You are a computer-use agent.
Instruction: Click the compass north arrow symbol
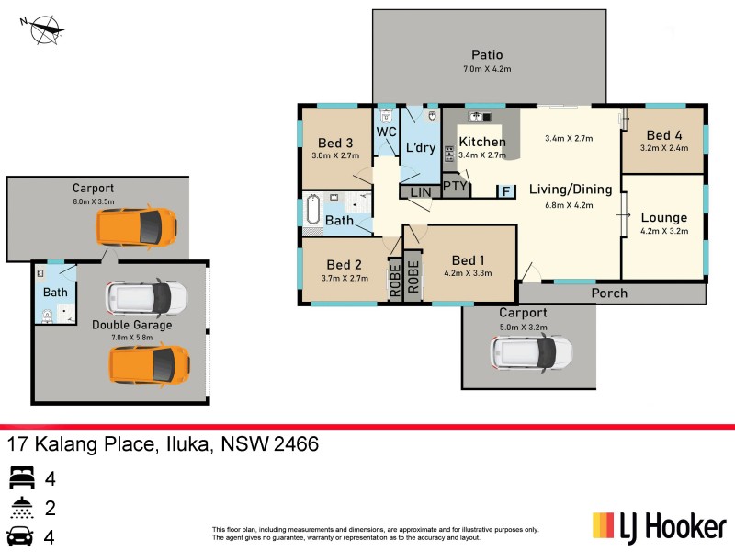45,29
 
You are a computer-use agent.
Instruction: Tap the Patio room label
487,55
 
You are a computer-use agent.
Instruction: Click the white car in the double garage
147,297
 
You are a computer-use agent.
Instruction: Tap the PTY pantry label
455,186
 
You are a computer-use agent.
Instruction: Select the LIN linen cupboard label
420,192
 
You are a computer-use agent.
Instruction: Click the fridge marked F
505,191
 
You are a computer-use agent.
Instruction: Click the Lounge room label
664,218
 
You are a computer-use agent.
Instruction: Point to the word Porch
609,293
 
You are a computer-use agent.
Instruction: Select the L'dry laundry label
420,148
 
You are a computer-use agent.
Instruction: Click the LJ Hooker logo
659,527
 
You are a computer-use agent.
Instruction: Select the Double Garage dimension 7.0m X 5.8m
131,338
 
